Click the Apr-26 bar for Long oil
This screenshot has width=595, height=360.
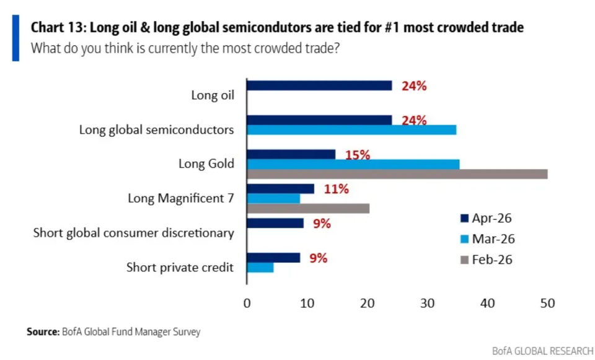coord(319,86)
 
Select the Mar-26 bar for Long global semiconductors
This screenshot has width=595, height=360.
coord(351,130)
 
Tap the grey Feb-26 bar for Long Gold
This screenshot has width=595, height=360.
coord(397,173)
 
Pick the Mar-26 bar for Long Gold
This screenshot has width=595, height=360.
coord(353,164)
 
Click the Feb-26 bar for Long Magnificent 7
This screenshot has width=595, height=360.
coord(308,208)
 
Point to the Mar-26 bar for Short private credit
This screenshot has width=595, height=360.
coord(260,268)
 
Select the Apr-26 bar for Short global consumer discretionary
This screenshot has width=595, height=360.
coord(275,223)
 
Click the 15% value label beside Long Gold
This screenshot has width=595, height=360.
coord(358,155)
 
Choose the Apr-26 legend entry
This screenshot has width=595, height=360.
coord(487,218)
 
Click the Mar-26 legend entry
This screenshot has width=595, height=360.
coord(487,239)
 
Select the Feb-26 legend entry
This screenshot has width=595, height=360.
coord(487,259)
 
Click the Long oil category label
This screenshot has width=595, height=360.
coord(213,96)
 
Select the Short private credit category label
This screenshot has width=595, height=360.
coord(180,268)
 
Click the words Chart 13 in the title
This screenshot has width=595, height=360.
coord(54,27)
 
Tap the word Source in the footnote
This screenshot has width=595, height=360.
coord(42,332)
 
